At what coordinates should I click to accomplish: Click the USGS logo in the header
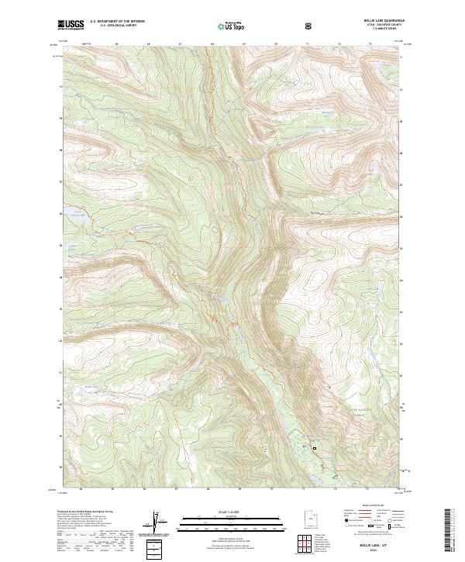[x=71, y=25]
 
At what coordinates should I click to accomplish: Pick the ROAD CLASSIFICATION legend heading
[x=367, y=505]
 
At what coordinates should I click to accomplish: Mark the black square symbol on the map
[x=315, y=447]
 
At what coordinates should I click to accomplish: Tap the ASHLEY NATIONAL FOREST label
[x=360, y=409]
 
